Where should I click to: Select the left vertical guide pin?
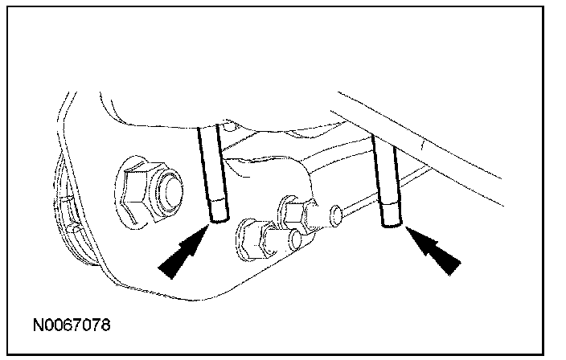214,173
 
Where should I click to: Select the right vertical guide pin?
389,181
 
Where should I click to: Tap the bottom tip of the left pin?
215,219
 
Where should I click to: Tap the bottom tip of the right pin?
391,225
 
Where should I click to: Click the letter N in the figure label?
39,326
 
